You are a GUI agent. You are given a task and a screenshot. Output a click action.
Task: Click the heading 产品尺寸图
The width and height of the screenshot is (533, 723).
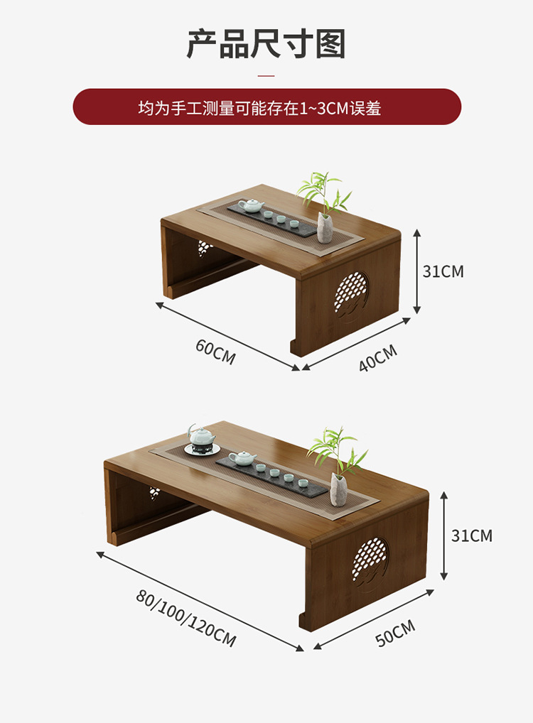tap(266, 43)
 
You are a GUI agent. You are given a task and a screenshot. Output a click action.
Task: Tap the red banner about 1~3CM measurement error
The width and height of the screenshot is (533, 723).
tap(266, 107)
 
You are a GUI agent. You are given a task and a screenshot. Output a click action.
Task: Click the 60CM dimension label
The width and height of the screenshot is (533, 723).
tap(215, 352)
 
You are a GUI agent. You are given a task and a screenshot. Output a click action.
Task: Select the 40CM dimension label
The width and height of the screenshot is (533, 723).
tap(377, 358)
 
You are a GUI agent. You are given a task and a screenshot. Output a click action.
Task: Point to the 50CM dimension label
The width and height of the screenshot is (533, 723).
tap(395, 633)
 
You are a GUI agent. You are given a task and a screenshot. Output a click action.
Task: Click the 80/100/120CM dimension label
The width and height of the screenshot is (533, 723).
tap(186, 618)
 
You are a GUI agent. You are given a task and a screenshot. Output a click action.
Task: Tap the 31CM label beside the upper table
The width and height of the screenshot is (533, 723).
tap(443, 271)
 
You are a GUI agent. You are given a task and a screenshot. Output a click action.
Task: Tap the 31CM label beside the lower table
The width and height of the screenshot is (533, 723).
tap(471, 536)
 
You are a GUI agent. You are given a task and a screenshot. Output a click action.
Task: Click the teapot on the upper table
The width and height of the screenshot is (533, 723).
tap(251, 206)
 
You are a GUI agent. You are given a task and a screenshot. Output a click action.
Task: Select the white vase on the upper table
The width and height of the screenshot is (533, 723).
tap(325, 227)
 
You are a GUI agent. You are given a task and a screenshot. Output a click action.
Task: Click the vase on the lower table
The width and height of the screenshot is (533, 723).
tap(338, 487)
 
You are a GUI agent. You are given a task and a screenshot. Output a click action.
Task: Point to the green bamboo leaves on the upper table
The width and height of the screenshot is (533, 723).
tap(323, 190)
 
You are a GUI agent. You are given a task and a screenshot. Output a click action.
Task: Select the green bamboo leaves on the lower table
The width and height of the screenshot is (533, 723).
tap(337, 449)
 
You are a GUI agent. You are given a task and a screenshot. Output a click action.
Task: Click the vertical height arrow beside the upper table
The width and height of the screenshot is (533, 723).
tap(417, 271)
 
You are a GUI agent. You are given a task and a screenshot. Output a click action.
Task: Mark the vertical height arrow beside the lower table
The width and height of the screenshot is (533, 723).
tap(444, 535)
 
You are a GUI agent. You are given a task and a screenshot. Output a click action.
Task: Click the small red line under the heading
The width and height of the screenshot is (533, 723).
tap(266, 75)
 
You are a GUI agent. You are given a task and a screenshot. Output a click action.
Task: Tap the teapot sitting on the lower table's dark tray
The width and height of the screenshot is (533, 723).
tap(242, 458)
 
